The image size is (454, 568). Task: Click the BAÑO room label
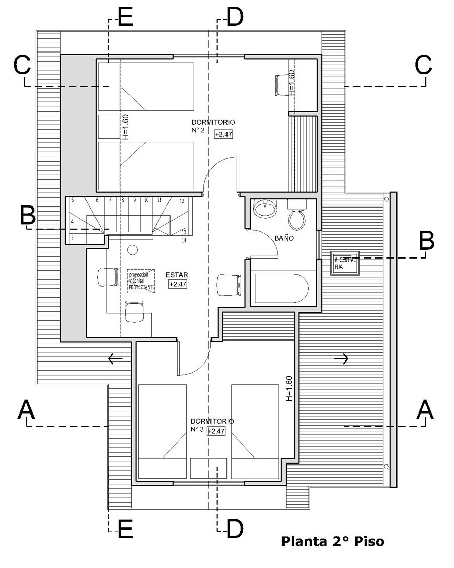point(285,238)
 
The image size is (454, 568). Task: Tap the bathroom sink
point(265,208)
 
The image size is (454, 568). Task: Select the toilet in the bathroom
point(297,216)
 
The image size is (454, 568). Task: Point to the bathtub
point(280,289)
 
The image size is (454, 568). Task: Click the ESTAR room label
point(177,275)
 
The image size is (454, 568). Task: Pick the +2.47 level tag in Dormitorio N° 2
point(223,134)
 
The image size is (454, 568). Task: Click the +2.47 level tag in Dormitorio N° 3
point(215,431)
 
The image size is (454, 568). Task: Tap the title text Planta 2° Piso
point(332,542)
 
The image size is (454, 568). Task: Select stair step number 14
point(184,240)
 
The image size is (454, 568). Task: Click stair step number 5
point(73,200)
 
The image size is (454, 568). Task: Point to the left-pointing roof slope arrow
point(115,359)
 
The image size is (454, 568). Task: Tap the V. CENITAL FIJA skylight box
point(345,263)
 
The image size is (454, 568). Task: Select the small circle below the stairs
point(133,249)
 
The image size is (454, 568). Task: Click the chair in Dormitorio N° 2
point(280,84)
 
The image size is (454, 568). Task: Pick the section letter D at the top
point(234,18)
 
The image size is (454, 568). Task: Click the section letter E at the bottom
point(125,529)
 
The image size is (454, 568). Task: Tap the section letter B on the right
point(427,241)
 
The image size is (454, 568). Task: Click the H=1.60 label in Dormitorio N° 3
point(289,389)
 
